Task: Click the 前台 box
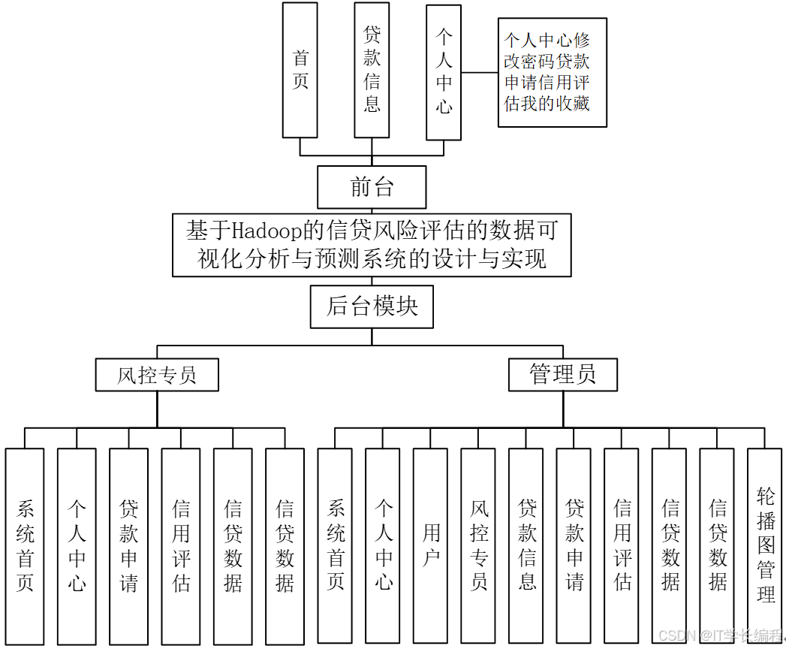(372, 187)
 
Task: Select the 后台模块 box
(372, 307)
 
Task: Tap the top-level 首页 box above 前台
(300, 70)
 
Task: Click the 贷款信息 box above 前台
(372, 70)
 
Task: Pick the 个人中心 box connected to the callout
(444, 72)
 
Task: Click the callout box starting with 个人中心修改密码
(552, 72)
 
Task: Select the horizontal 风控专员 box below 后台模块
(157, 374)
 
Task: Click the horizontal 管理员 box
(562, 374)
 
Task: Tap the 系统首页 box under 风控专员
(25, 546)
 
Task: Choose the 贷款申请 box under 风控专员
(128, 546)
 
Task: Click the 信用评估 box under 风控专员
(181, 546)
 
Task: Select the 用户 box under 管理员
(431, 546)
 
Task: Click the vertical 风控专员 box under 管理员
(479, 546)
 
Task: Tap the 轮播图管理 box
(766, 546)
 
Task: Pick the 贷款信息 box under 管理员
(527, 546)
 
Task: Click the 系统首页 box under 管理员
(336, 546)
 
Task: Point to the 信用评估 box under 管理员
(622, 546)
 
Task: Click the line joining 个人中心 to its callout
(479, 73)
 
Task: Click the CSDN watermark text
(720, 635)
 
